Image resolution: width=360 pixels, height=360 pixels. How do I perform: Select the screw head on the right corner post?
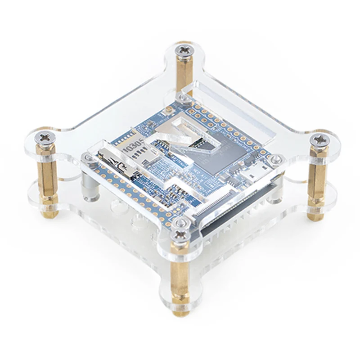pos(320,139)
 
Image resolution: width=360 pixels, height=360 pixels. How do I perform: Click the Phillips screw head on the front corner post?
pos(181,234)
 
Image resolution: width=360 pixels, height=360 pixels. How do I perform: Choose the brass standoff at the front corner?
pos(180,279)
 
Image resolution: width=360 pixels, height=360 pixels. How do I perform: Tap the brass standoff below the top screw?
pos(184,72)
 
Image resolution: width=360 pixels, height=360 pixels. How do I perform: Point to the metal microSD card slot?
pos(118,163)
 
